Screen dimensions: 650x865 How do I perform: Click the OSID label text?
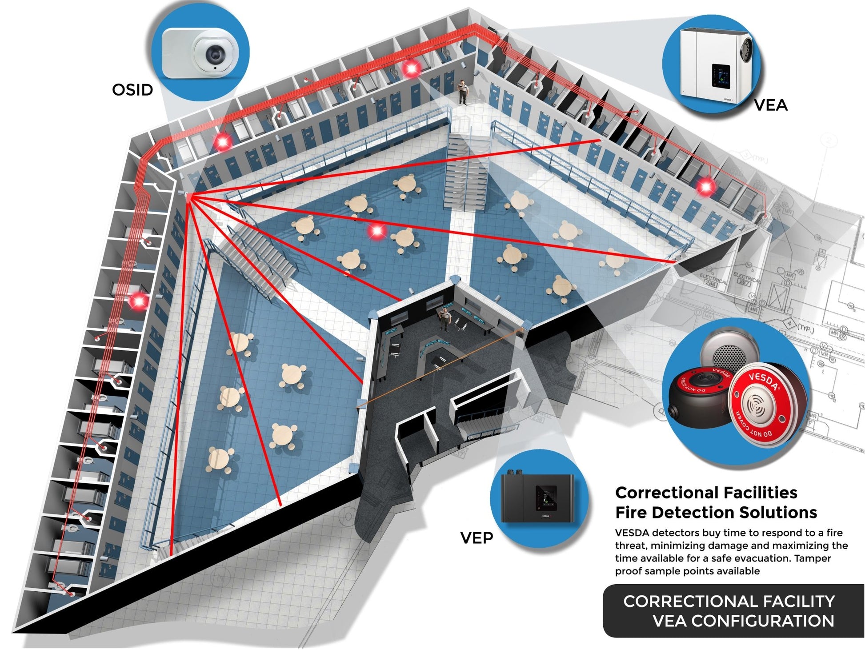132,90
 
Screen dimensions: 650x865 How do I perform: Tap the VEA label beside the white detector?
770,105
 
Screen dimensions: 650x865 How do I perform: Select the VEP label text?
476,538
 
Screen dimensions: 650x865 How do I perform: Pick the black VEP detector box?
537,498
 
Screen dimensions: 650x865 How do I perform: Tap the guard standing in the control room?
445,319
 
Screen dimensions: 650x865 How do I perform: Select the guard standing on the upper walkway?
463,92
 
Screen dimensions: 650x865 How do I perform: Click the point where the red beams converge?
189,197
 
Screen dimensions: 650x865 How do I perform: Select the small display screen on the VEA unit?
721,76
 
